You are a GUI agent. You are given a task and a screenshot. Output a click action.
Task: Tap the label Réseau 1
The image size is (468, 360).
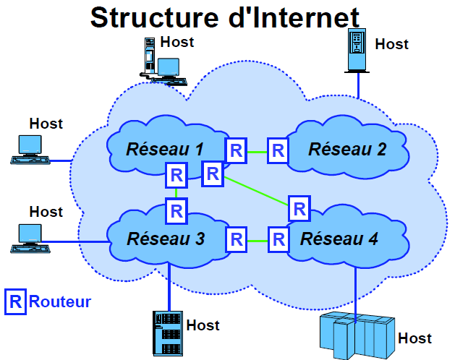tap(165, 150)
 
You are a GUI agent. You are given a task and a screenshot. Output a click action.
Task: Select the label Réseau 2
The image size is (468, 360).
tap(347, 150)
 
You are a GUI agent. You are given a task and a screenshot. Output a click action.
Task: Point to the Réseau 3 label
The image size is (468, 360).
tap(166, 239)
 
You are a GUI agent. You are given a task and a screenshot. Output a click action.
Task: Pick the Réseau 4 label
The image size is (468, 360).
tap(339, 239)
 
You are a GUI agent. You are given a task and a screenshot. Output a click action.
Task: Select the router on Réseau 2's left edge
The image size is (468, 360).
tap(278, 151)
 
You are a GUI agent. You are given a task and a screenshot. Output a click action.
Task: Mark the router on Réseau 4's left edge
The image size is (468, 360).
tap(278, 239)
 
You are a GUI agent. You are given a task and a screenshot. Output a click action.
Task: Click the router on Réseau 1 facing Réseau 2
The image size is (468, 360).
tap(236, 150)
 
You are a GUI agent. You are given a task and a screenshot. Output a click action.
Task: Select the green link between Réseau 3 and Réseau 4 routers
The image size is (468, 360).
tap(257, 239)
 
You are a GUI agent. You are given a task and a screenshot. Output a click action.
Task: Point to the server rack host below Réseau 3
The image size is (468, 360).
tap(166, 332)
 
